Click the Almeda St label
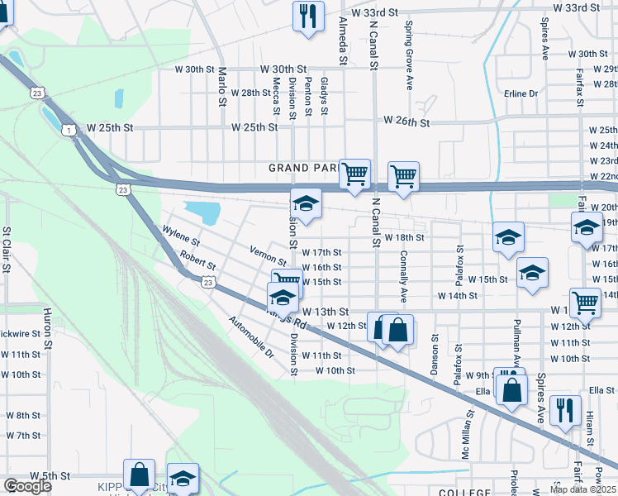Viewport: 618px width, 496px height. tap(342, 42)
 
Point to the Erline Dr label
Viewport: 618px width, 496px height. tap(521, 93)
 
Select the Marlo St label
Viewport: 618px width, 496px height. tap(222, 87)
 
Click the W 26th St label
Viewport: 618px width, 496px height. tap(406, 122)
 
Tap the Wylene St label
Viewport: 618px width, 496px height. tap(182, 237)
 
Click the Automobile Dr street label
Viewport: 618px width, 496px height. tap(251, 339)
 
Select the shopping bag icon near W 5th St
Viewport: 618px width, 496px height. tap(139, 475)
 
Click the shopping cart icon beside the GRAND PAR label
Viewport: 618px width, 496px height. tap(354, 174)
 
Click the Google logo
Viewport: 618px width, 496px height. tap(27, 486)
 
